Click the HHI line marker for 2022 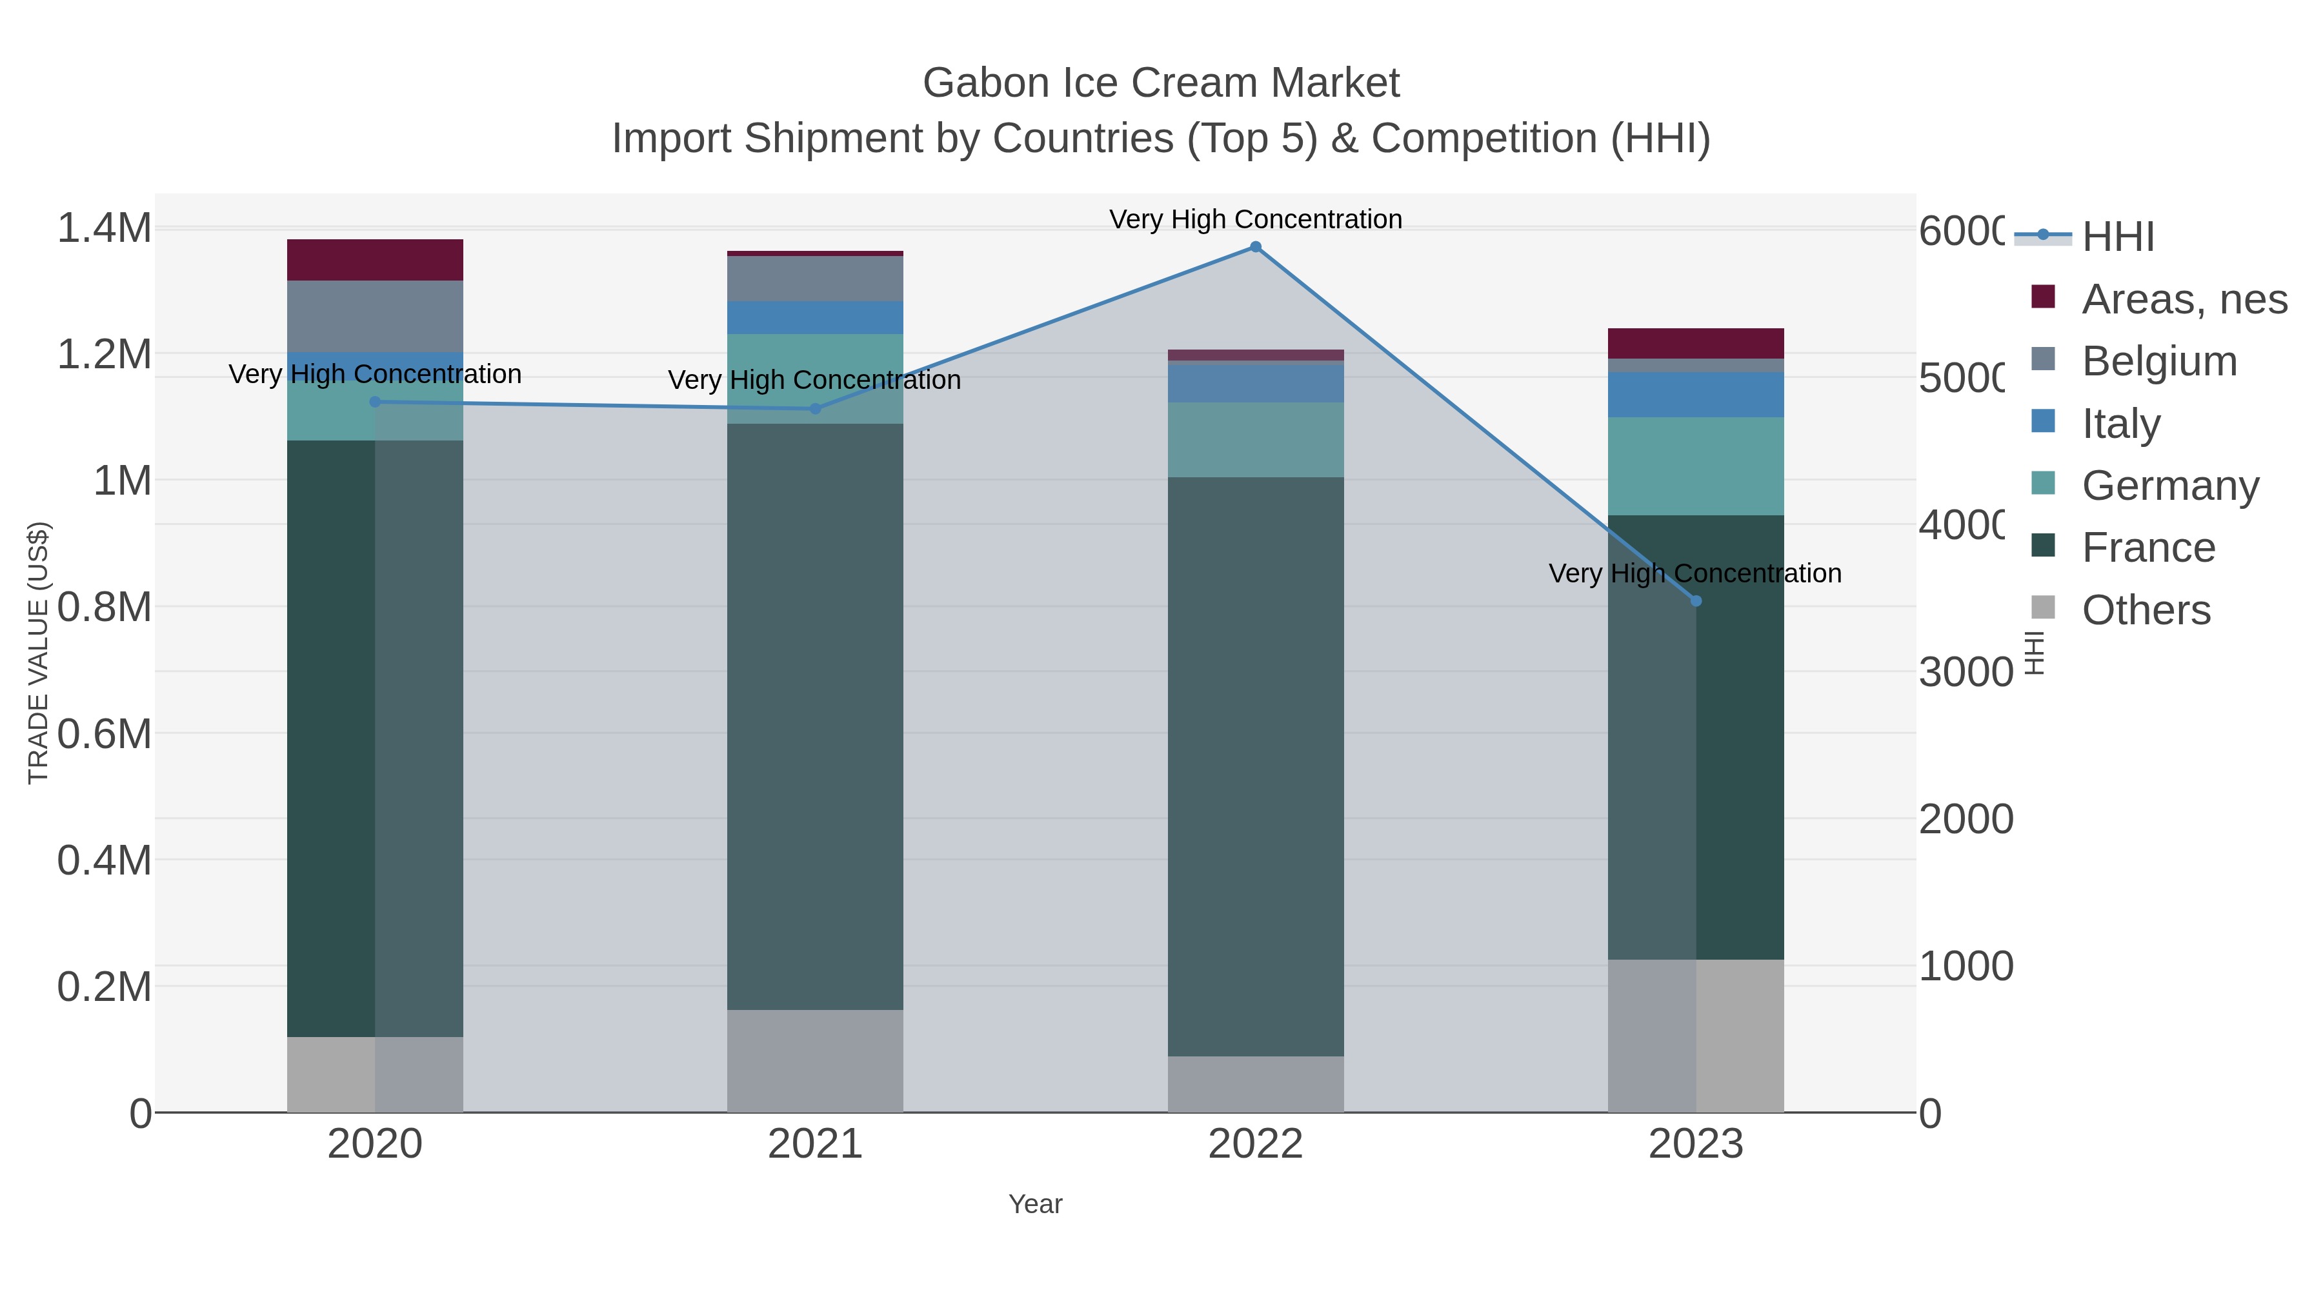tap(1255, 247)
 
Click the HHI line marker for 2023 tap(1695, 601)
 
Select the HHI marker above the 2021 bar tap(815, 409)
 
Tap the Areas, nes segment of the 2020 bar tap(375, 261)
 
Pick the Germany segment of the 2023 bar tap(1695, 466)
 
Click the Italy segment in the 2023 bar tap(1695, 395)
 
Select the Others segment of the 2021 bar tap(815, 1061)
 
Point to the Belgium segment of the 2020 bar tap(375, 317)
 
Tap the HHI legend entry tap(2117, 237)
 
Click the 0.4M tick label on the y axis tap(105, 861)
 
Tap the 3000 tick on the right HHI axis tap(1964, 673)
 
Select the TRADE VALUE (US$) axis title tap(38, 653)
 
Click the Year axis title tap(1035, 1204)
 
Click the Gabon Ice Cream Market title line tap(1161, 83)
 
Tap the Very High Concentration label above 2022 tap(1255, 219)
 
